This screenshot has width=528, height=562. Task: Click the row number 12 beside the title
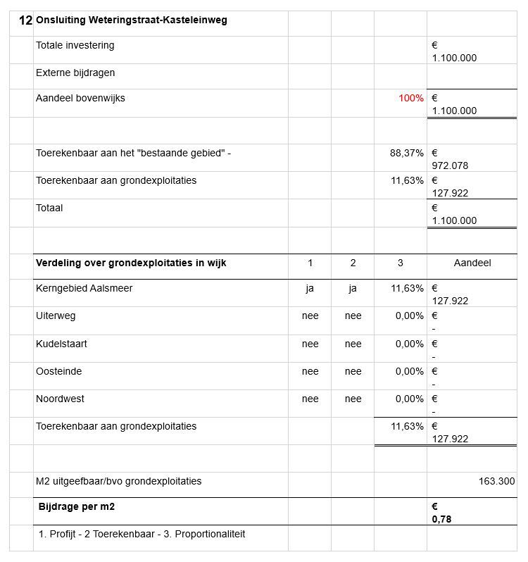pyautogui.click(x=25, y=20)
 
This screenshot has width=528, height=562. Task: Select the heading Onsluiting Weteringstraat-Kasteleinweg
pyautogui.click(x=131, y=20)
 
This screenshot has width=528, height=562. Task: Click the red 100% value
pyautogui.click(x=411, y=99)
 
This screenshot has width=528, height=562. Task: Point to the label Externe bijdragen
pyautogui.click(x=75, y=73)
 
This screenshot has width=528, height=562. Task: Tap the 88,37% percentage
pyautogui.click(x=407, y=153)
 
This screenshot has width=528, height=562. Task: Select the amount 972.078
pyautogui.click(x=450, y=166)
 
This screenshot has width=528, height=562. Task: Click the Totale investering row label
pyautogui.click(x=75, y=46)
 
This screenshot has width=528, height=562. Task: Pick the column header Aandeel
pyautogui.click(x=472, y=263)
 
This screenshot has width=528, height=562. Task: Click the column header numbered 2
pyautogui.click(x=353, y=263)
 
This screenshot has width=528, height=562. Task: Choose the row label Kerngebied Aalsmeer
pyautogui.click(x=84, y=288)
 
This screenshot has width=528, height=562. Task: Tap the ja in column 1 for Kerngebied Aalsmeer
pyautogui.click(x=310, y=288)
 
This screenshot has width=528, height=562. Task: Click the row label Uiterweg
pyautogui.click(x=56, y=316)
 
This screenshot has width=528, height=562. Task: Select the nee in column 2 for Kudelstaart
pyautogui.click(x=353, y=344)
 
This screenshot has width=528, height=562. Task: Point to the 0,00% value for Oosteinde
pyautogui.click(x=409, y=371)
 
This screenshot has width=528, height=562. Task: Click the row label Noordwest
pyautogui.click(x=60, y=399)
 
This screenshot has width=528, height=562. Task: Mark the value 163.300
pyautogui.click(x=496, y=481)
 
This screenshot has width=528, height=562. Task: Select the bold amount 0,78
pyautogui.click(x=441, y=520)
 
